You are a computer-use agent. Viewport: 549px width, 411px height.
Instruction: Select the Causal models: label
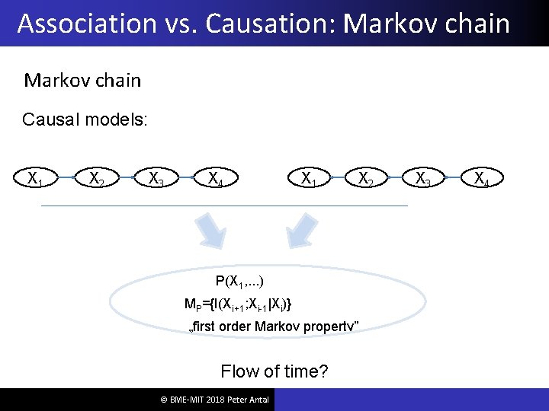tap(85, 119)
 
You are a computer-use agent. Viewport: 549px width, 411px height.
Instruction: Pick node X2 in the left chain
tap(97, 179)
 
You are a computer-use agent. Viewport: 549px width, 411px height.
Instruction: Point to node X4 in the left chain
tap(217, 179)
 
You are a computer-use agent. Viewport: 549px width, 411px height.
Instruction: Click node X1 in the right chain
tap(309, 179)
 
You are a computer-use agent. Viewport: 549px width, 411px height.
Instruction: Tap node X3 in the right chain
tap(422, 179)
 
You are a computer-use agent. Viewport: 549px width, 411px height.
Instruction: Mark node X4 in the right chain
tap(482, 179)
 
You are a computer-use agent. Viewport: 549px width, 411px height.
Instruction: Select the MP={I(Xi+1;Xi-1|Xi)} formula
tap(238, 304)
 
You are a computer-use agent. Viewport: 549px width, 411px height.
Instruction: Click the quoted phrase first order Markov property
tap(273, 327)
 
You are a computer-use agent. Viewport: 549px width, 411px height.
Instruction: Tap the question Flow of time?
tap(274, 371)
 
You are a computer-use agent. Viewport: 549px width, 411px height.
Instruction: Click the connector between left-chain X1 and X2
tap(66, 179)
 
